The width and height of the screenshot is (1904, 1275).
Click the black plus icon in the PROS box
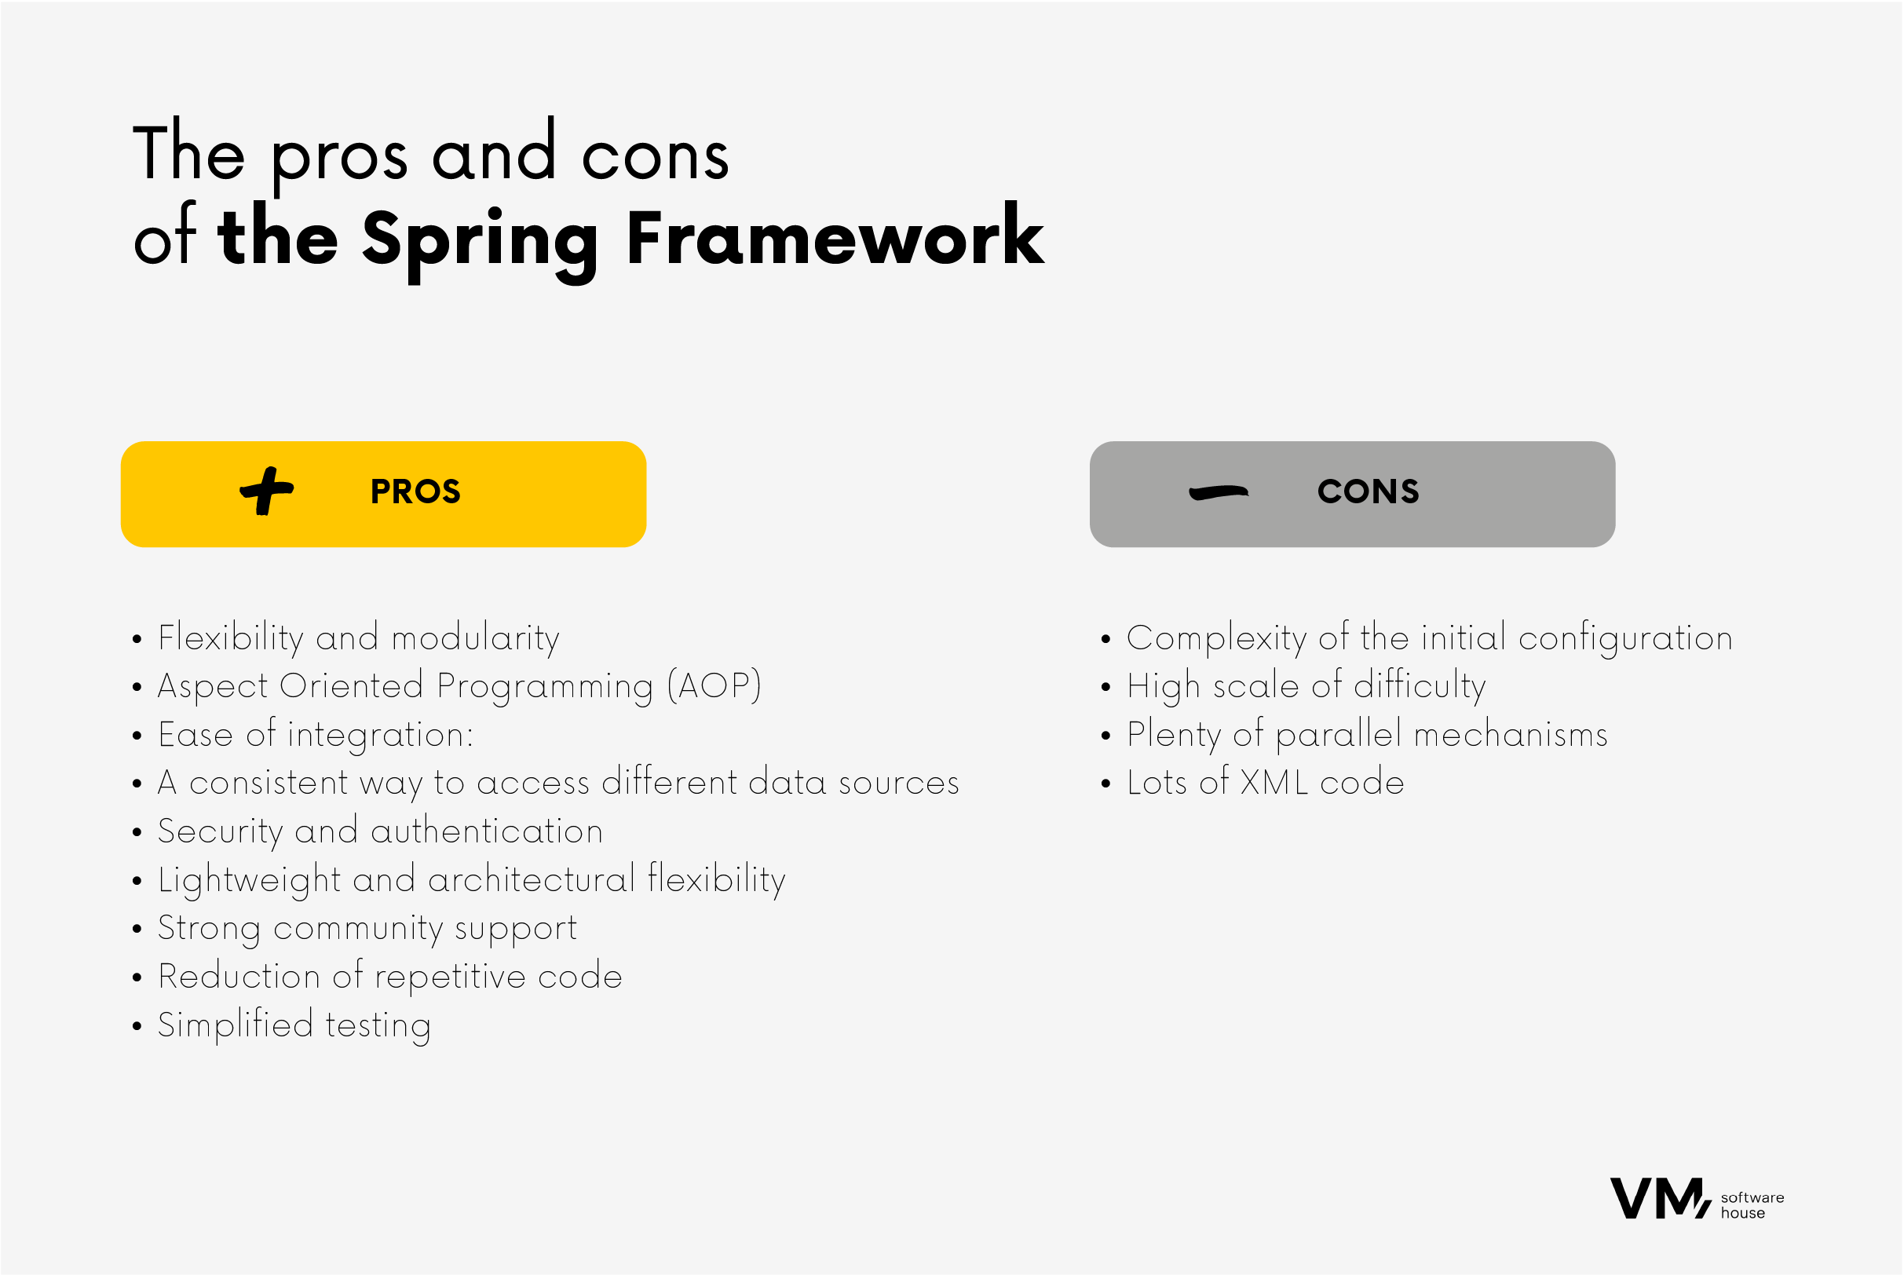[x=267, y=491]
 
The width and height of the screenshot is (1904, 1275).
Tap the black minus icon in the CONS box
[x=1219, y=493]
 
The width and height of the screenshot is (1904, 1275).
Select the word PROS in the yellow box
[x=415, y=492]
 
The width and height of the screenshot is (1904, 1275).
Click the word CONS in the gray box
[x=1369, y=492]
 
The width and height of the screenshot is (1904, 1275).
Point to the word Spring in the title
[x=481, y=243]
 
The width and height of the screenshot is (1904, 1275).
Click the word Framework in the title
[x=835, y=236]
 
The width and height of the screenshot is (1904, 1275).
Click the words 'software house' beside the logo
[x=1752, y=1205]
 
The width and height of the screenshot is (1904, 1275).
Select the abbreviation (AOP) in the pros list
[x=714, y=685]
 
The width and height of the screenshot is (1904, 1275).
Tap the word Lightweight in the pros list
[x=250, y=881]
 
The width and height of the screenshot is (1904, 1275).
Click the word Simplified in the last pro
[x=236, y=1025]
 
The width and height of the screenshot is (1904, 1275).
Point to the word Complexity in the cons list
[x=1216, y=638]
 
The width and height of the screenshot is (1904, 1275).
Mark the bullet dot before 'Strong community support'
[x=137, y=929]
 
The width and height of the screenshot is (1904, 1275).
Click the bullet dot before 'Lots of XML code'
[x=1105, y=784]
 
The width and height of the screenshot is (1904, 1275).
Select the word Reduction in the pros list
[x=239, y=977]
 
